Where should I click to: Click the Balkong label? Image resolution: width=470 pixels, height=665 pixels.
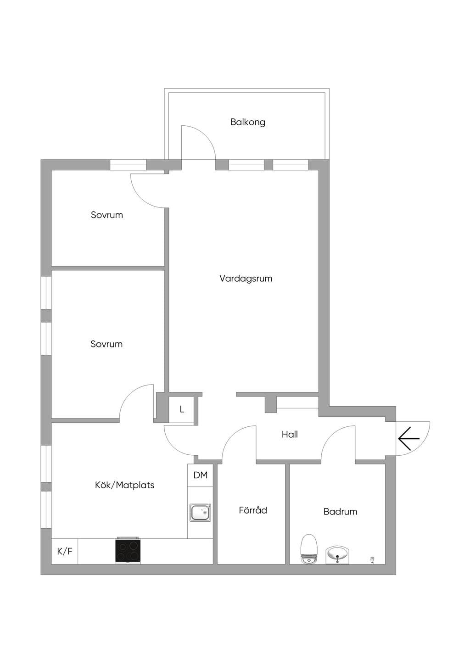[x=247, y=123]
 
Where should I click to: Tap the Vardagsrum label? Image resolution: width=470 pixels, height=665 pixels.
[x=246, y=279]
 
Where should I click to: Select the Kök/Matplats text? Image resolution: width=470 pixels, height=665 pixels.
[x=124, y=485]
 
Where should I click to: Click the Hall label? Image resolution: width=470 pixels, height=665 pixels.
[x=290, y=434]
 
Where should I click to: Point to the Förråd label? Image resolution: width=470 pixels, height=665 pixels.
[x=253, y=510]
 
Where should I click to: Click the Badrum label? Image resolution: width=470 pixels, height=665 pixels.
[x=340, y=512]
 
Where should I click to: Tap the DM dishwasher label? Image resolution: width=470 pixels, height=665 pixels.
[x=201, y=475]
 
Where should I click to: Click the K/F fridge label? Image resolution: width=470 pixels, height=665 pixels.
[x=65, y=551]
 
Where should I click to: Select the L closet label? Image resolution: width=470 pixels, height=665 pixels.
[x=182, y=409]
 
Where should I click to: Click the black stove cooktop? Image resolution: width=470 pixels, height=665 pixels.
[x=128, y=551]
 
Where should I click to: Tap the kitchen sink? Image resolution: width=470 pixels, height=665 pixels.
[x=201, y=513]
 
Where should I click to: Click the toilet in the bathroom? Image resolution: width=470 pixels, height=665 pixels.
[x=309, y=549]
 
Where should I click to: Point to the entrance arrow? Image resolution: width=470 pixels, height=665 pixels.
[x=408, y=438]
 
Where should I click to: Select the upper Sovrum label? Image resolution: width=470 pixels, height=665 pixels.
[x=107, y=215]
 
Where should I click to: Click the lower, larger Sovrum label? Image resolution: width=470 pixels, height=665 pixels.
[x=106, y=344]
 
